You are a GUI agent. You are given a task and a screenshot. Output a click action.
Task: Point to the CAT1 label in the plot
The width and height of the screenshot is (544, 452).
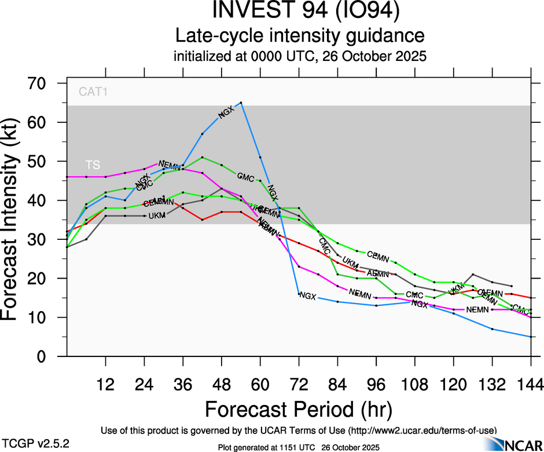(x=94, y=92)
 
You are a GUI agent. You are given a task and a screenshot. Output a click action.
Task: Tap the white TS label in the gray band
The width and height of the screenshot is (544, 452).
(x=92, y=165)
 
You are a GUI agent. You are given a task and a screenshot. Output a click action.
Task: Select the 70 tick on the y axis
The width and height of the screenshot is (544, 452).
(x=41, y=83)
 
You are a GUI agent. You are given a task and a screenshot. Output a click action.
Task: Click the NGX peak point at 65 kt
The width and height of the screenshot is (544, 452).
(x=241, y=103)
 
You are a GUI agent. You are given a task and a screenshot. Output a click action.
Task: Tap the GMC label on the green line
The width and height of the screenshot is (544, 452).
(x=245, y=177)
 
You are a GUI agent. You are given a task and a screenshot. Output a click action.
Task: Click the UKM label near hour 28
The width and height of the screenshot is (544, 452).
(x=157, y=216)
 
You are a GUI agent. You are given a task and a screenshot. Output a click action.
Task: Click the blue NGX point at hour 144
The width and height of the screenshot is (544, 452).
(x=530, y=337)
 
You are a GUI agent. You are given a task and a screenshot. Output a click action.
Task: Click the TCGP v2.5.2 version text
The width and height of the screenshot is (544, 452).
(x=36, y=443)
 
